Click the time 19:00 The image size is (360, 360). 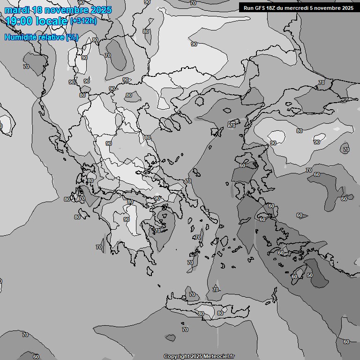[19, 21]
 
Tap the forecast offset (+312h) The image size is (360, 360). [83, 21]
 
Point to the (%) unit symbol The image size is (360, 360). [72, 37]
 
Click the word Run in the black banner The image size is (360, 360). [248, 8]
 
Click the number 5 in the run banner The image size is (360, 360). [317, 8]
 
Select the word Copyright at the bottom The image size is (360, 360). [177, 357]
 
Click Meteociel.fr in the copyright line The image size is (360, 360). [219, 357]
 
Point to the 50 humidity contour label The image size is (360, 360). [310, 275]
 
